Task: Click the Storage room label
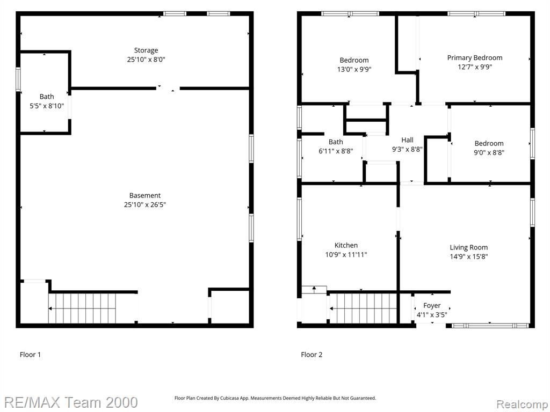(x=146, y=50)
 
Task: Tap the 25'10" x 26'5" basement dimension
(x=145, y=204)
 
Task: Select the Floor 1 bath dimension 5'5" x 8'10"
(x=47, y=106)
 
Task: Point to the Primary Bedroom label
(x=475, y=57)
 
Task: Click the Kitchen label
(x=346, y=245)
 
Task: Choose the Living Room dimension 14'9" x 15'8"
(x=468, y=256)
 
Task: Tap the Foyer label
(x=432, y=305)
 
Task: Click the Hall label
(x=407, y=140)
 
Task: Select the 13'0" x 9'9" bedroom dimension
(x=354, y=69)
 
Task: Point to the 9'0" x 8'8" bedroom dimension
(x=489, y=152)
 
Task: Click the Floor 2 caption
(x=312, y=355)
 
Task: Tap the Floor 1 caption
(x=30, y=355)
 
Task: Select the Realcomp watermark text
(x=522, y=404)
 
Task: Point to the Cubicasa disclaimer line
(x=276, y=398)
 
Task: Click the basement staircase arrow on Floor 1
(x=82, y=308)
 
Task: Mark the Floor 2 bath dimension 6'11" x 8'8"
(x=336, y=151)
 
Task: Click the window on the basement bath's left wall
(x=18, y=79)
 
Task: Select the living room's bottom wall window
(x=490, y=326)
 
